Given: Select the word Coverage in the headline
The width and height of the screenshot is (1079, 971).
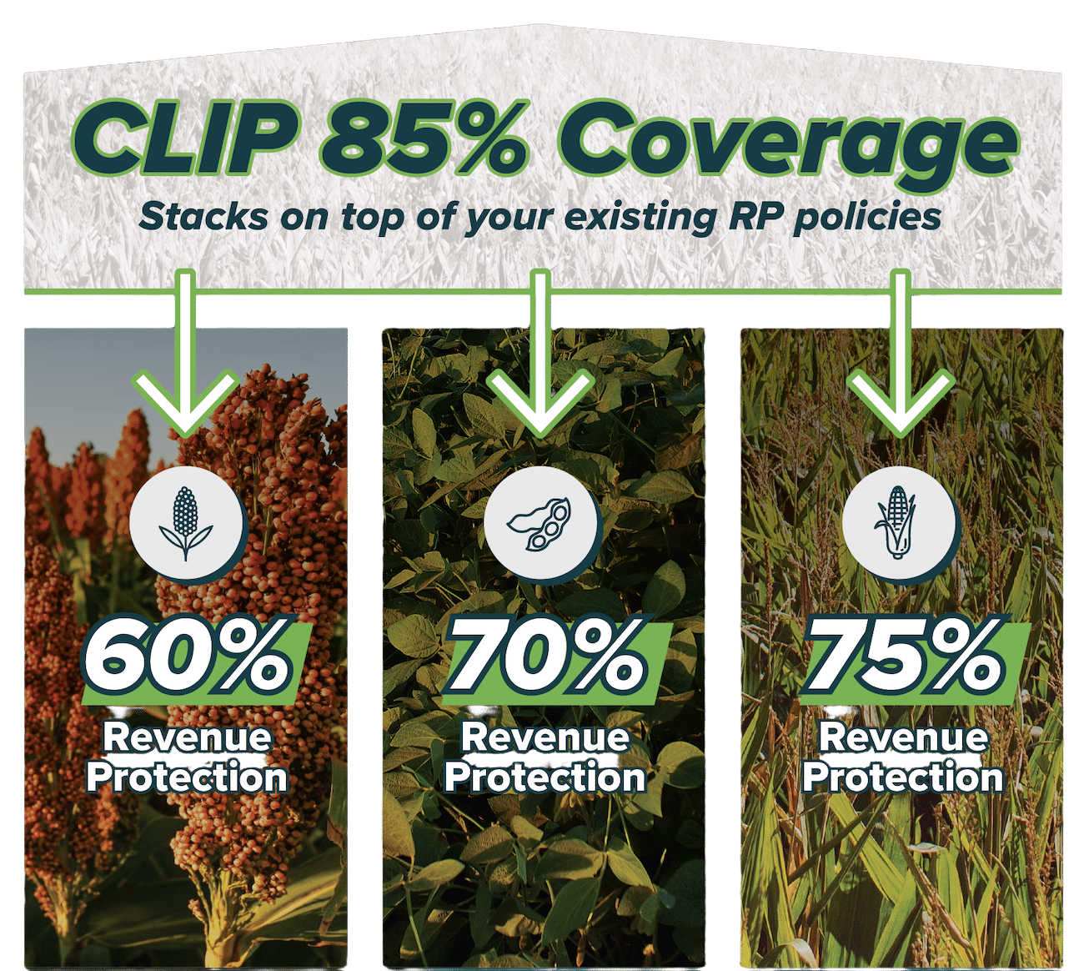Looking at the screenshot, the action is (786, 144).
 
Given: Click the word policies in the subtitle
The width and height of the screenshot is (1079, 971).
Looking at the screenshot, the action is (867, 218).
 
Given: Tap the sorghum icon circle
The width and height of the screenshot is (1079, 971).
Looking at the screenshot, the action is (186, 523).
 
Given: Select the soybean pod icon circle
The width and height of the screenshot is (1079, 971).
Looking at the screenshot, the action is (540, 523).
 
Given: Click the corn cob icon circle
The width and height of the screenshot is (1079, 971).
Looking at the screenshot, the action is (899, 523).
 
